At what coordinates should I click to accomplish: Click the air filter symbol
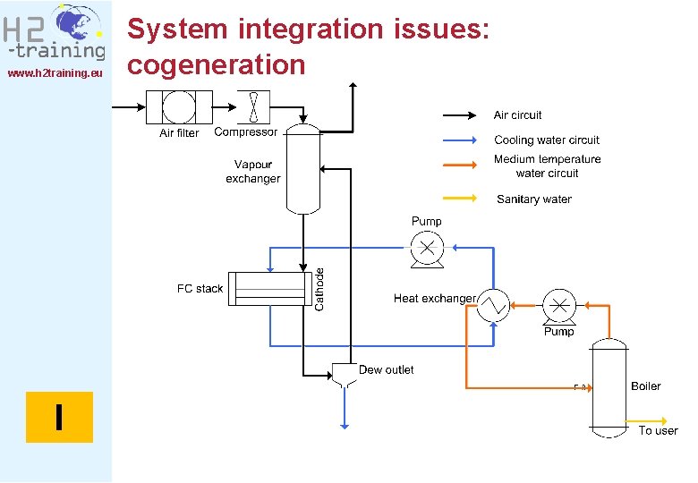click(180, 107)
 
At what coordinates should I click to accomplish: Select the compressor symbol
click(253, 107)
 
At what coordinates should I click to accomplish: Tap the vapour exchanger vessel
click(303, 168)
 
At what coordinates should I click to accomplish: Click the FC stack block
click(269, 289)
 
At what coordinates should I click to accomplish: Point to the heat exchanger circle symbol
click(492, 306)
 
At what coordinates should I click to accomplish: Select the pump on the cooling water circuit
click(427, 246)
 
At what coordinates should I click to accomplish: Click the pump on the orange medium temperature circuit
click(559, 306)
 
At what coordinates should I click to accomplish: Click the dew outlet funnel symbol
click(345, 374)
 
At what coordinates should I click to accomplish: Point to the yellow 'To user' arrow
click(648, 419)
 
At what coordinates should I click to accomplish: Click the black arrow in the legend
click(460, 115)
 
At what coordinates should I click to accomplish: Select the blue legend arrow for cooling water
click(460, 140)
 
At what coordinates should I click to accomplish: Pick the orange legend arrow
click(460, 165)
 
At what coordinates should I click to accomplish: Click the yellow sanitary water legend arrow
click(460, 199)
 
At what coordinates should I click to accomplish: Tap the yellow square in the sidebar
click(59, 417)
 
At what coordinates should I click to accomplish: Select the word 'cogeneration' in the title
click(217, 64)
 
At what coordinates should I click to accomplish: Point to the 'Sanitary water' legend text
click(534, 199)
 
